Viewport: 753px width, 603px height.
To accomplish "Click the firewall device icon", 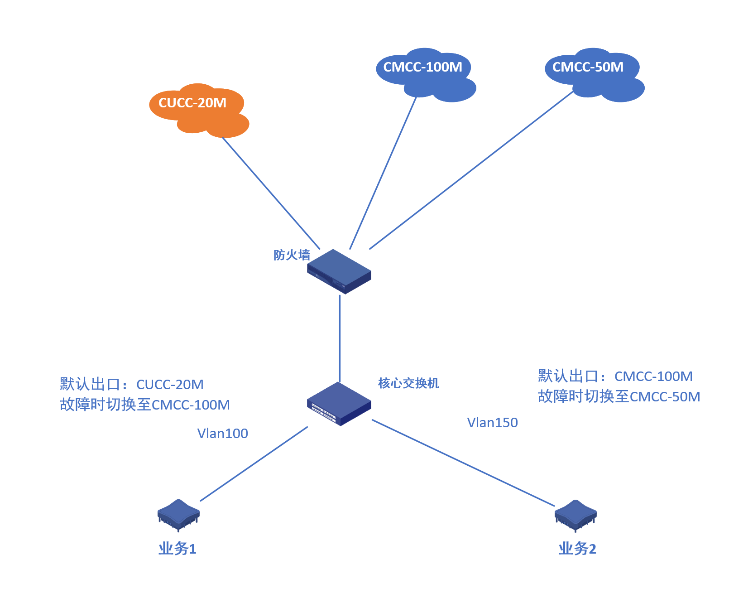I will [x=339, y=271].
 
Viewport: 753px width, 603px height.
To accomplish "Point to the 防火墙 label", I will [x=292, y=255].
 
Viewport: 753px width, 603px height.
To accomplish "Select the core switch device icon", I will [x=339, y=404].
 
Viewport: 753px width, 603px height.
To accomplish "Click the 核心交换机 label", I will [x=408, y=383].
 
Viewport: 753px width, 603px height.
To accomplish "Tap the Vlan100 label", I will [x=223, y=434].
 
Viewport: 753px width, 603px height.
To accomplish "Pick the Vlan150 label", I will [x=492, y=423].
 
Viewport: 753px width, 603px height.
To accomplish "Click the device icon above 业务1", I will [x=178, y=515].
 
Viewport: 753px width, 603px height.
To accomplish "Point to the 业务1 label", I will [x=177, y=549].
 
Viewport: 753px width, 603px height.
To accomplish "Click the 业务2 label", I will [x=577, y=549].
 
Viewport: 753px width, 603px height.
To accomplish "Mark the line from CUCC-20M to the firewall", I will [x=271, y=193].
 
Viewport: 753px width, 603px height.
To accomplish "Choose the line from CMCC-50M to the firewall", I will [x=471, y=171].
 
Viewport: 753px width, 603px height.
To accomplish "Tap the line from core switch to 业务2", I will [x=463, y=463].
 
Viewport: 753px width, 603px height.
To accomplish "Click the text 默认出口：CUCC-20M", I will [x=132, y=385].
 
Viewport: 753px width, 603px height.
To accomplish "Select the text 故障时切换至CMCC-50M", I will [x=619, y=397].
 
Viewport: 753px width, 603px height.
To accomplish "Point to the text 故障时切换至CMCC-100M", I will [x=145, y=405].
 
